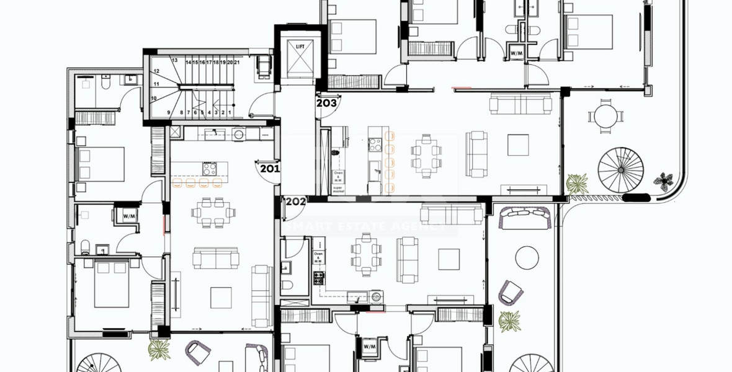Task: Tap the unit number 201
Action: pyautogui.click(x=270, y=168)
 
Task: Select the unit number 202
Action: pyautogui.click(x=295, y=201)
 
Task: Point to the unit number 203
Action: pyautogui.click(x=326, y=103)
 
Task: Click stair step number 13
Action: pyautogui.click(x=175, y=60)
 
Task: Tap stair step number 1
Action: pyautogui.click(x=230, y=112)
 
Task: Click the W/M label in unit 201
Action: pyautogui.click(x=129, y=216)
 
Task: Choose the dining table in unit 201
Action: pyautogui.click(x=213, y=211)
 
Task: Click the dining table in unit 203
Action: pyautogui.click(x=426, y=153)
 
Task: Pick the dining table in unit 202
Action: pyautogui.click(x=366, y=255)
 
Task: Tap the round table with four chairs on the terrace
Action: pyautogui.click(x=605, y=116)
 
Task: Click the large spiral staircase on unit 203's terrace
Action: pyautogui.click(x=621, y=169)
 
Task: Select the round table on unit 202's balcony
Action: pyautogui.click(x=527, y=257)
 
